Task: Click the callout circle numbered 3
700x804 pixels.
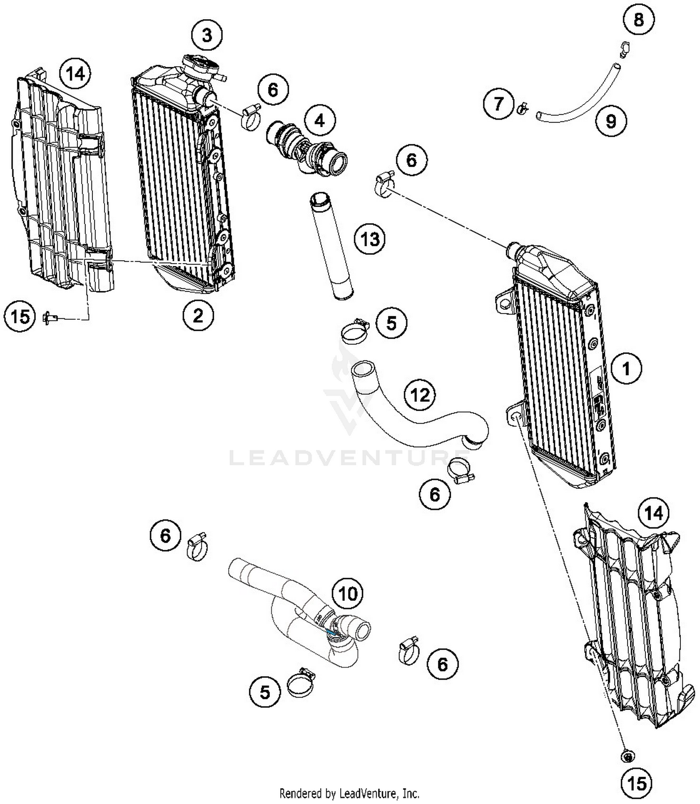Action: pyautogui.click(x=207, y=35)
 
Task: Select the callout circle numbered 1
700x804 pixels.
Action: pyautogui.click(x=626, y=369)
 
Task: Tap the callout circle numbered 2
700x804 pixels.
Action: pyautogui.click(x=198, y=316)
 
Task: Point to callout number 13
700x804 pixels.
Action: pyautogui.click(x=370, y=239)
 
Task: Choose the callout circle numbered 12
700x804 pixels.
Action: pyautogui.click(x=420, y=395)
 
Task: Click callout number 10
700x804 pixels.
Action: pyautogui.click(x=348, y=594)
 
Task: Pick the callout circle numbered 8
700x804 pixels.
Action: pyautogui.click(x=638, y=20)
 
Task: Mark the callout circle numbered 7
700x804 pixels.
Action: pyautogui.click(x=498, y=103)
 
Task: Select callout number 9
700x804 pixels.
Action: pyautogui.click(x=611, y=121)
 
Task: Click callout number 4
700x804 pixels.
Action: pyautogui.click(x=319, y=121)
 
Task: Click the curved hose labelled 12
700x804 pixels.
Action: pyautogui.click(x=411, y=420)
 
